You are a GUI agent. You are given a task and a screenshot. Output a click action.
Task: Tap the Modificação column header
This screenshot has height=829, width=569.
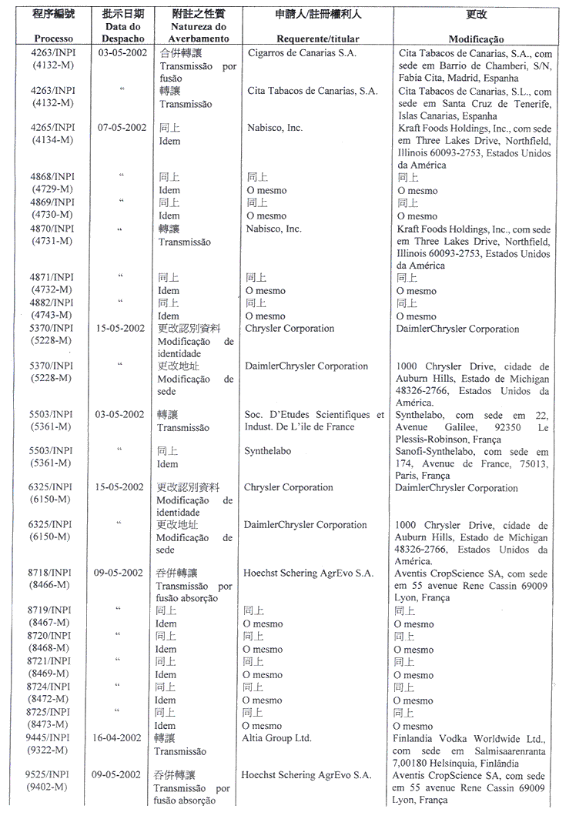point(476,38)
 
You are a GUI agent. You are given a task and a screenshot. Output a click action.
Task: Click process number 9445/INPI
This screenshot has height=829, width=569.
point(49,737)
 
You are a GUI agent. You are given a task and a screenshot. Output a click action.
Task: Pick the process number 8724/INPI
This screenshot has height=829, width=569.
point(49,687)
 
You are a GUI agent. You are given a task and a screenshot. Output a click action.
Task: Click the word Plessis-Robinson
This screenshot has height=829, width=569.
point(433,439)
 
